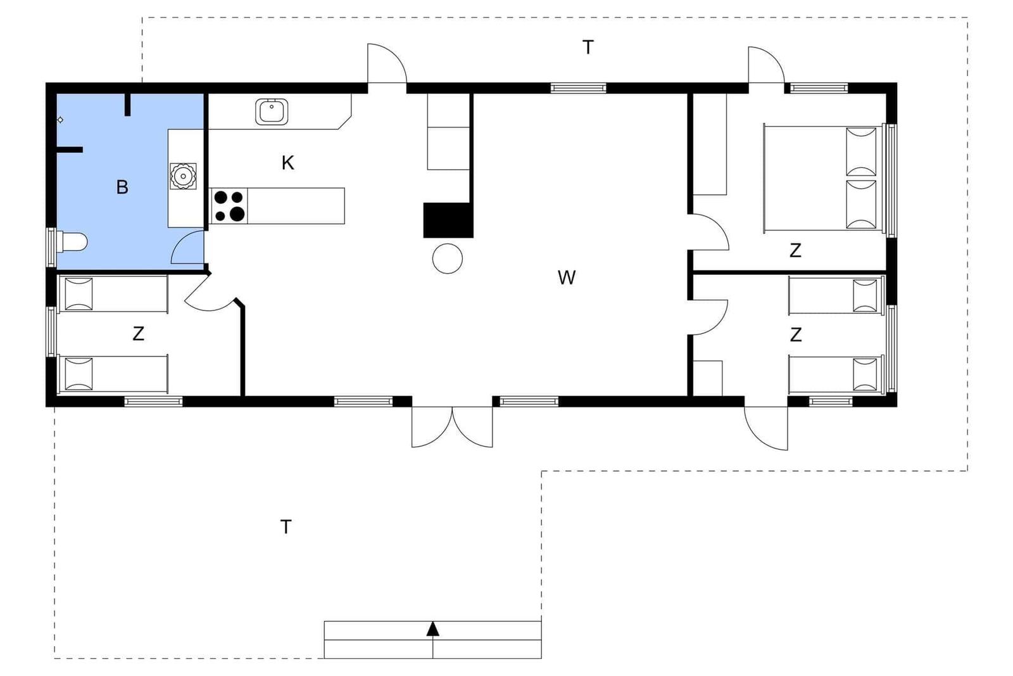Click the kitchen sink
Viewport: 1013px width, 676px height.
coord(272,112)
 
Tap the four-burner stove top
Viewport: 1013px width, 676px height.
coord(229,206)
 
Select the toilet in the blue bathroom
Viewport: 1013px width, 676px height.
coord(72,241)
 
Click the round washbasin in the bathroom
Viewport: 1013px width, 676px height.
coord(183,176)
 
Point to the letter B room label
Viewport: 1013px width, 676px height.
coord(122,187)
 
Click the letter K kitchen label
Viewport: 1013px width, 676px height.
coord(287,163)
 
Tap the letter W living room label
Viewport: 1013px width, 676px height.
coord(567,277)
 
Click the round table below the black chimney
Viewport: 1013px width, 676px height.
coord(447,258)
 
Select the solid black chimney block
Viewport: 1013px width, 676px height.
coord(448,220)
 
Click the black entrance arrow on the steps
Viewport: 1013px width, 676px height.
coord(433,628)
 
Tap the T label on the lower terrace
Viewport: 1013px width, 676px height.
coord(286,526)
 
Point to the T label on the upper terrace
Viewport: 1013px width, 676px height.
coord(588,47)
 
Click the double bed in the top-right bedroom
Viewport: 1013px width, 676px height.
coord(823,178)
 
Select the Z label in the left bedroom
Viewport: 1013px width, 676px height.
coord(139,334)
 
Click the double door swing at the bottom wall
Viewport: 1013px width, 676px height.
coord(452,426)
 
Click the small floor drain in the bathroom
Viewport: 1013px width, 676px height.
coord(60,120)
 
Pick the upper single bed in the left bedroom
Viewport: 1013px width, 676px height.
coord(113,294)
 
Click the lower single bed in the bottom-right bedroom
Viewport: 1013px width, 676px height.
coord(836,374)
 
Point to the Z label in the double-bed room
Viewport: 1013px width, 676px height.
coord(795,250)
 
